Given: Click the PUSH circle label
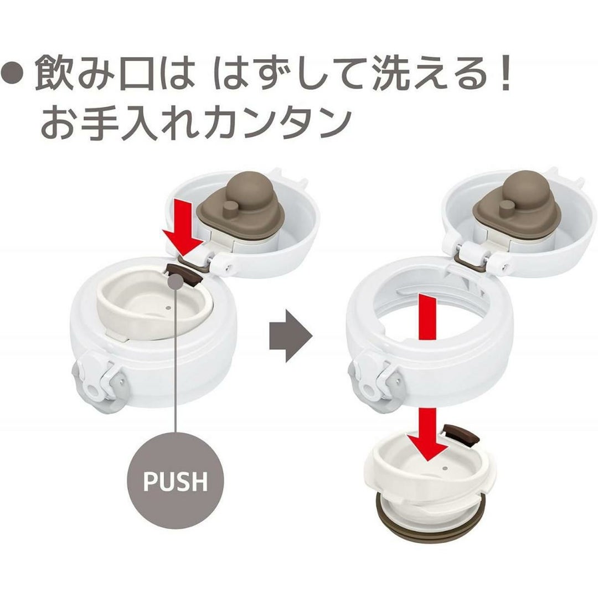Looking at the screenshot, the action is coord(175,481).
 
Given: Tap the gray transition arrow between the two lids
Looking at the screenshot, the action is coord(291,336).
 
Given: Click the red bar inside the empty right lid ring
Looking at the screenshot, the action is coord(427,316).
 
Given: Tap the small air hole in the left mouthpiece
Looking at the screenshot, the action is coord(168,307).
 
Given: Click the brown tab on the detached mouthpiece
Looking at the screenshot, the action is coord(461,434).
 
